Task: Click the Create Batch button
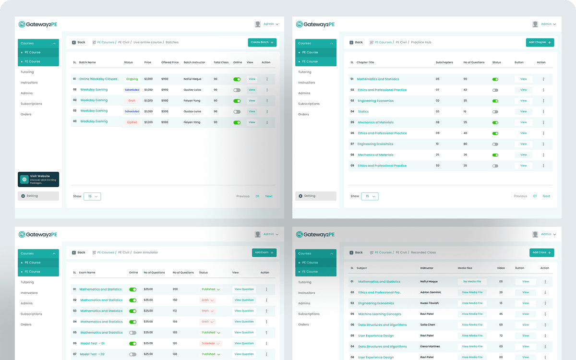262,42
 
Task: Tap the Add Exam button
264,252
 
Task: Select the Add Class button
541,252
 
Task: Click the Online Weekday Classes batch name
98,79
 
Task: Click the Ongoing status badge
132,79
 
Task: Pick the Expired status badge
132,122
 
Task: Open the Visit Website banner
38,179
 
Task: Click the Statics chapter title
363,111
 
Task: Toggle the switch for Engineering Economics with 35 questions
495,101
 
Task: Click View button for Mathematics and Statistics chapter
523,79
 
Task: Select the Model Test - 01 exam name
92,343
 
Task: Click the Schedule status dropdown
211,343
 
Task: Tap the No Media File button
472,282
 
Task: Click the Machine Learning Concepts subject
379,314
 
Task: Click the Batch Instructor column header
194,62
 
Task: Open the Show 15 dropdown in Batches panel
92,196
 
